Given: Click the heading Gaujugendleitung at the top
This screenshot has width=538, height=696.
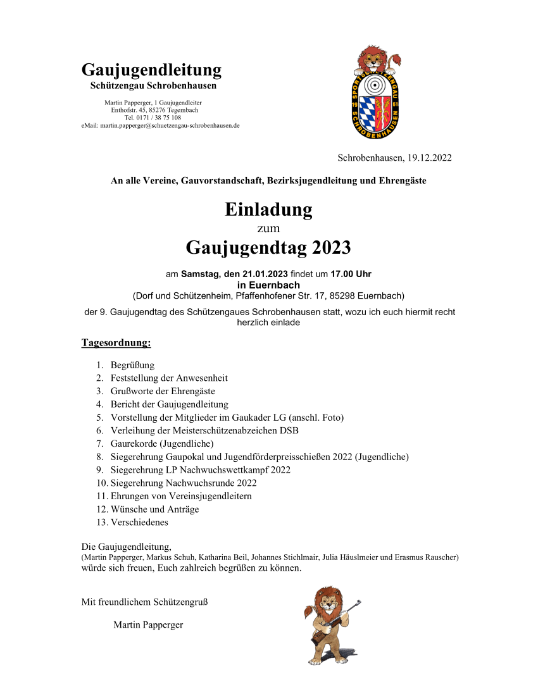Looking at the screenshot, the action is (x=151, y=70).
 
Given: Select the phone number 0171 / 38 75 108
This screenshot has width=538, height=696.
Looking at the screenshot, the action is (x=161, y=118).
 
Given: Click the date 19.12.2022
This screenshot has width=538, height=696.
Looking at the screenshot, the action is (x=430, y=158).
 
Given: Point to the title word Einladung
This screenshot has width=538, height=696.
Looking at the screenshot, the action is (x=268, y=209).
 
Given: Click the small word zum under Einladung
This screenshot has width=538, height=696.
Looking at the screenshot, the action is (x=268, y=228).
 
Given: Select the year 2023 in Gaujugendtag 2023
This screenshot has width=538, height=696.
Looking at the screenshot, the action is (x=325, y=247).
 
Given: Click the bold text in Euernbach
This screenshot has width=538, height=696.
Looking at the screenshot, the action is (x=268, y=285).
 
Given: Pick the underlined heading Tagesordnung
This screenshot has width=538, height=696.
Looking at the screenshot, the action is (x=116, y=343).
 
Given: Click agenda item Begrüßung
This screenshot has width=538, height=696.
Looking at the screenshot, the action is (x=132, y=365).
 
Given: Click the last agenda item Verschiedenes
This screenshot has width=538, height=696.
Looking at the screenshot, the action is (x=139, y=523).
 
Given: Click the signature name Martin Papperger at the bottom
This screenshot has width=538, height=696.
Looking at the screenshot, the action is (x=148, y=625).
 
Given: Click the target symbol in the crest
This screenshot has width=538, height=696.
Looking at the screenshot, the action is (x=378, y=85).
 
